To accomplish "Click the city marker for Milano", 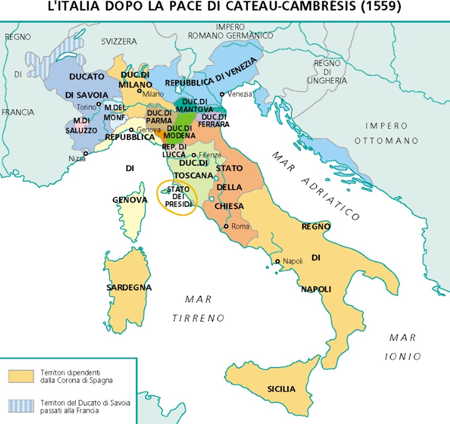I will coord(140,91).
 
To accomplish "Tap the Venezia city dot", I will coord(222,94).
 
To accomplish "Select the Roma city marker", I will coord(226,227).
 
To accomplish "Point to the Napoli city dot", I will coord(277,261).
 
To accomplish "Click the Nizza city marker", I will coord(85,154).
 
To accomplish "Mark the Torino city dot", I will coord(99,104).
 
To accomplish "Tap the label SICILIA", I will coord(281,389).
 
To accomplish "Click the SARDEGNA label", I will coord(129,287).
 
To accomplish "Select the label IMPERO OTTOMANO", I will coord(386,133).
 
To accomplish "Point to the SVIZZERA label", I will coord(119,41).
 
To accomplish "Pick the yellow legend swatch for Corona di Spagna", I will coord(21,376).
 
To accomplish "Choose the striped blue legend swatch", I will coord(21,406).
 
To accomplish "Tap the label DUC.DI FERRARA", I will coord(214,120).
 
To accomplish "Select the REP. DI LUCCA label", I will coord(174,151).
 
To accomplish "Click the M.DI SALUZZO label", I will coord(81,126).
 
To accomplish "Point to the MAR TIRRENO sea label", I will coord(198,309).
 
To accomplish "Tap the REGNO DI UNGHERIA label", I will coord(327,72).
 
